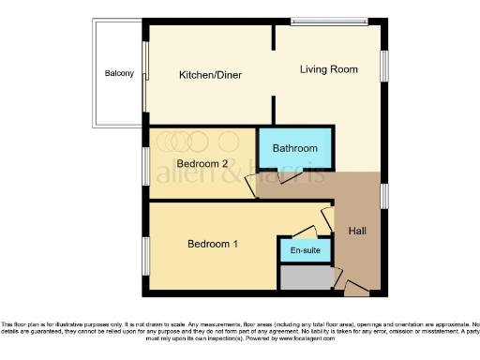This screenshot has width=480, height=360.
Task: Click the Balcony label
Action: [119, 74]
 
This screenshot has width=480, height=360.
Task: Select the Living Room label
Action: [329, 69]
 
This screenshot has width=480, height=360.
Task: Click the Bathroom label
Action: [295, 149]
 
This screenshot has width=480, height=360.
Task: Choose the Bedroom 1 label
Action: [213, 245]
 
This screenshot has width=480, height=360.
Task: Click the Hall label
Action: [358, 231]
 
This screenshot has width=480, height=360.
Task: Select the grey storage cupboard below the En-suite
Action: [306, 277]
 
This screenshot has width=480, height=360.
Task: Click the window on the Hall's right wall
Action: [384, 195]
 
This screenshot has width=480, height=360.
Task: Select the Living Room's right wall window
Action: [384, 69]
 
